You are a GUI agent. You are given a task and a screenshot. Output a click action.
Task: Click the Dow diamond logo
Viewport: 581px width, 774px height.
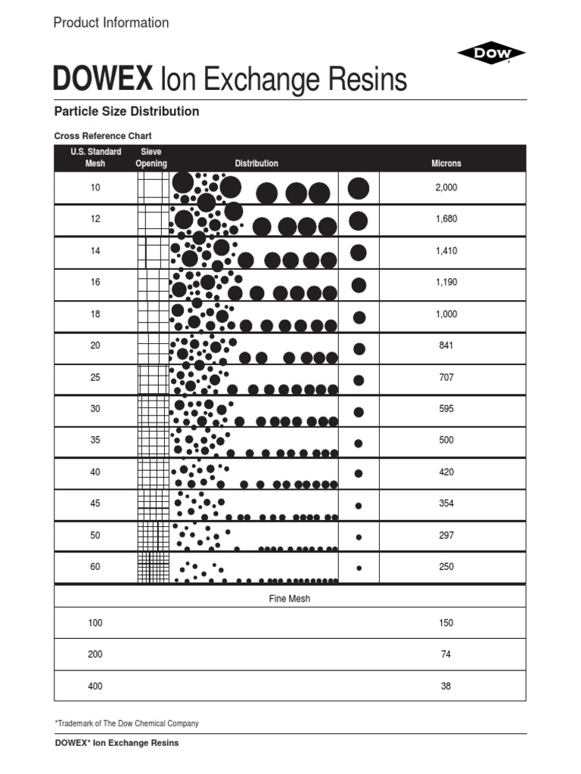click(x=491, y=53)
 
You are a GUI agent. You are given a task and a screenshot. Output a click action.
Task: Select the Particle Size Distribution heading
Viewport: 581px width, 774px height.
click(x=126, y=111)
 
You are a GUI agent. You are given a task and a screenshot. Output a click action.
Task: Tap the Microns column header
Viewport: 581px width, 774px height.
click(x=446, y=163)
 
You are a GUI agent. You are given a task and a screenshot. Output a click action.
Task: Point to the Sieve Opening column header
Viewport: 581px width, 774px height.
click(x=151, y=158)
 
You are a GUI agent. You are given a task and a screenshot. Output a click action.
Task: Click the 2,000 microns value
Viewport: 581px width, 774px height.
click(x=446, y=187)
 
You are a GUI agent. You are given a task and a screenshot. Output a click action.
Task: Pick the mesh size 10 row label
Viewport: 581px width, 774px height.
click(x=95, y=187)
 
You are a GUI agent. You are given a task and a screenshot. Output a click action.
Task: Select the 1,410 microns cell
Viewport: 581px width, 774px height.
click(x=446, y=251)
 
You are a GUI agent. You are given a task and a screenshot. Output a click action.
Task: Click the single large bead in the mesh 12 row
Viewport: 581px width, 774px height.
click(x=359, y=221)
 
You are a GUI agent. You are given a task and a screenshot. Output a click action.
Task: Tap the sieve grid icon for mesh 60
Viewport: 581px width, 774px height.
click(x=153, y=567)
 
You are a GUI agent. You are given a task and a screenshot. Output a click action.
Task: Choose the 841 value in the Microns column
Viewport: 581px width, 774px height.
click(x=446, y=345)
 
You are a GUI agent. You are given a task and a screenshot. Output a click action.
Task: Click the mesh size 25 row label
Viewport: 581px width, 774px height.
click(x=95, y=377)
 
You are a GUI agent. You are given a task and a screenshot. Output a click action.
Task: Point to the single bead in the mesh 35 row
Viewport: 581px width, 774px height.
click(x=359, y=443)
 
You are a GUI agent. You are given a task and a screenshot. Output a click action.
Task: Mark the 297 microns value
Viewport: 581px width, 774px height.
click(x=446, y=535)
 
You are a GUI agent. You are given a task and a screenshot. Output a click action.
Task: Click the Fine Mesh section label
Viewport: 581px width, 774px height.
click(x=290, y=599)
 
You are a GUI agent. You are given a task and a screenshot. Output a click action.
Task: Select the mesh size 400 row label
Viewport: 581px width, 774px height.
click(x=95, y=686)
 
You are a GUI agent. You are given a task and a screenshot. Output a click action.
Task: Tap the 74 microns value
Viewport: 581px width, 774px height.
click(x=446, y=655)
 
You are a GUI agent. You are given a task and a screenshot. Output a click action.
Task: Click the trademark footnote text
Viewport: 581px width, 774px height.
click(x=126, y=723)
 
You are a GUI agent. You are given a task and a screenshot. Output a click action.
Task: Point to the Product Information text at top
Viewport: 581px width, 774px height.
click(x=111, y=23)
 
